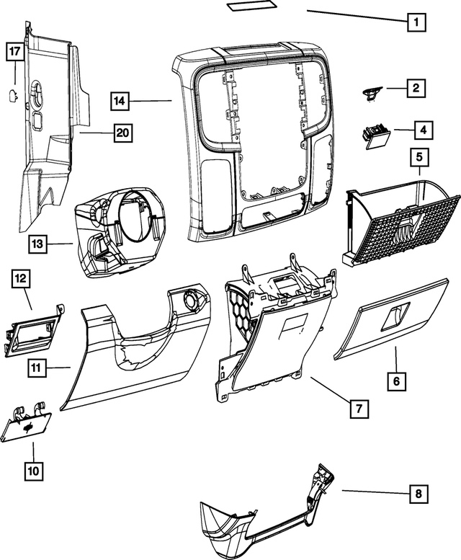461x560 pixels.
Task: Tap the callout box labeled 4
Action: [424, 130]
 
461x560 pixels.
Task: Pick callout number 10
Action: [33, 471]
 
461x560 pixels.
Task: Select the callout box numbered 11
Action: [37, 368]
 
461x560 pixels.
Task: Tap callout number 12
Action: [21, 278]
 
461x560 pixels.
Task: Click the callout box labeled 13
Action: [38, 244]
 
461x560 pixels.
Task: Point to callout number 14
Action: [121, 100]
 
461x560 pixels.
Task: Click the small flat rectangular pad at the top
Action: [251, 7]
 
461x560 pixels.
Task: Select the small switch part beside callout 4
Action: [375, 135]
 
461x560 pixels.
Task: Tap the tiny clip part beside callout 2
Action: [372, 92]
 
